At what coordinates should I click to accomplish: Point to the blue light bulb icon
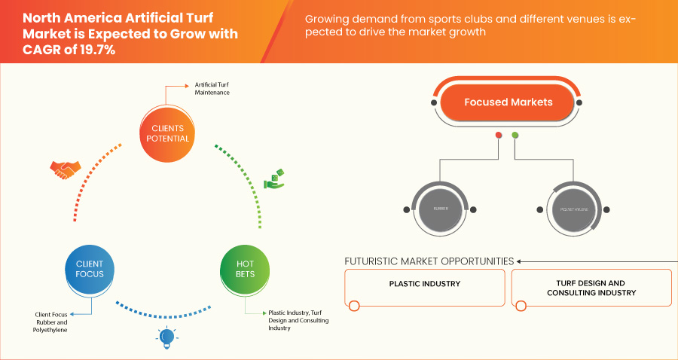coord(166,337)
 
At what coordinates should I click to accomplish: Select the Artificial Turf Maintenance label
coord(212,89)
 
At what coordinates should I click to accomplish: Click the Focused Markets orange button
coord(508,102)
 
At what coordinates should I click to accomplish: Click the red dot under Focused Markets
coord(498,136)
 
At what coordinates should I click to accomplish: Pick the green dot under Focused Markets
coord(515,136)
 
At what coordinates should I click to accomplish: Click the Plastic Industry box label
coord(424,284)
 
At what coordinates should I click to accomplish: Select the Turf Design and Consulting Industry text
coord(591,288)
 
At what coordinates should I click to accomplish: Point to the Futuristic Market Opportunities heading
coord(429,261)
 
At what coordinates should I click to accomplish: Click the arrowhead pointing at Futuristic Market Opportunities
coord(519,262)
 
